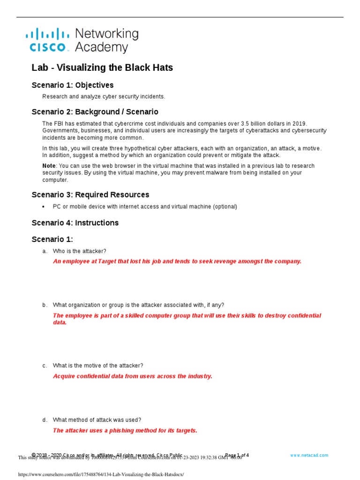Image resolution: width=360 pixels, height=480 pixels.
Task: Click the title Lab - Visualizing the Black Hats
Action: point(102,67)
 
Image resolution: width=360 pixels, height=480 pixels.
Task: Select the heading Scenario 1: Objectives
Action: point(72,85)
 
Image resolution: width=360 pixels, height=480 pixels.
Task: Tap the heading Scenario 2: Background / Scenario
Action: point(95,112)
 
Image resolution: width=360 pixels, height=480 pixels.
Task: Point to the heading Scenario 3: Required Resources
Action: point(90,195)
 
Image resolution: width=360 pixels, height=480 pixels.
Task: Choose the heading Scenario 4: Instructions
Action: point(75,223)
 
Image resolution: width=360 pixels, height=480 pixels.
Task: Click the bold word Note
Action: point(49,166)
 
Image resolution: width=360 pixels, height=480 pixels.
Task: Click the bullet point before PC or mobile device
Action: point(44,207)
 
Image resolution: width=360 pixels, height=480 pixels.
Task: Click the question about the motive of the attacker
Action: point(98,366)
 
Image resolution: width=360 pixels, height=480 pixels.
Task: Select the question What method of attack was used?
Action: point(97,420)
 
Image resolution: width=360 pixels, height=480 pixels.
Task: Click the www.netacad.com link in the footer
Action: point(309,455)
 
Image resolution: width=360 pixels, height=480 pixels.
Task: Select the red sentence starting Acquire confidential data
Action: point(133,376)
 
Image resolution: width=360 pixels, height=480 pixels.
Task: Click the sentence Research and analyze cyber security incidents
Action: point(104,97)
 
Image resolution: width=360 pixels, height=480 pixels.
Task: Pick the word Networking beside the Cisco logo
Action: point(107,34)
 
